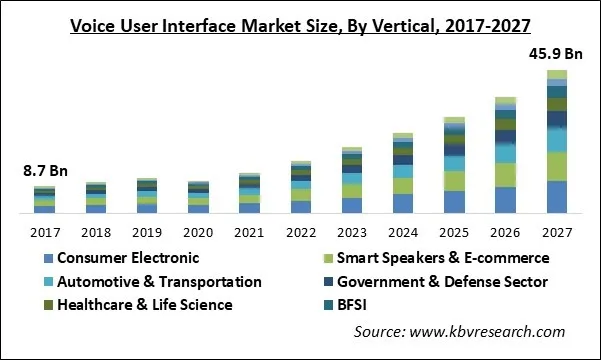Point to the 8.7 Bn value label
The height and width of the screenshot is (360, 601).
tap(44, 170)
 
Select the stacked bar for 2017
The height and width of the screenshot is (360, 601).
tap(44, 200)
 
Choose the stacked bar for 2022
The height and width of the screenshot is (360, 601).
tap(300, 187)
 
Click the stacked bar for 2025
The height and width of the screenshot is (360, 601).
tap(454, 166)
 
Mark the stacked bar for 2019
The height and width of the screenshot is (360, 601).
tap(147, 196)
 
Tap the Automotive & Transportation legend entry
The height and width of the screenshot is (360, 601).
tap(150, 281)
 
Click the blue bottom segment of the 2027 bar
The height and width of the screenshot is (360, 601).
tap(557, 197)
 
